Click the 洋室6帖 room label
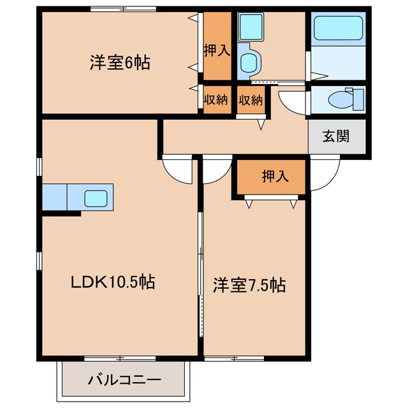(x=119, y=63)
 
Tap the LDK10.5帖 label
(x=113, y=281)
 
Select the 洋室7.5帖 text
(x=249, y=286)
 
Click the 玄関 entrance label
(x=336, y=136)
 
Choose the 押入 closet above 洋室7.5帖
(x=275, y=177)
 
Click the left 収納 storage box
(x=216, y=99)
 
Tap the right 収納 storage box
(x=251, y=99)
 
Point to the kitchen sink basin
(x=98, y=197)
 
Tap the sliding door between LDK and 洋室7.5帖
(x=201, y=255)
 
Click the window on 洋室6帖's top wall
(x=122, y=9)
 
